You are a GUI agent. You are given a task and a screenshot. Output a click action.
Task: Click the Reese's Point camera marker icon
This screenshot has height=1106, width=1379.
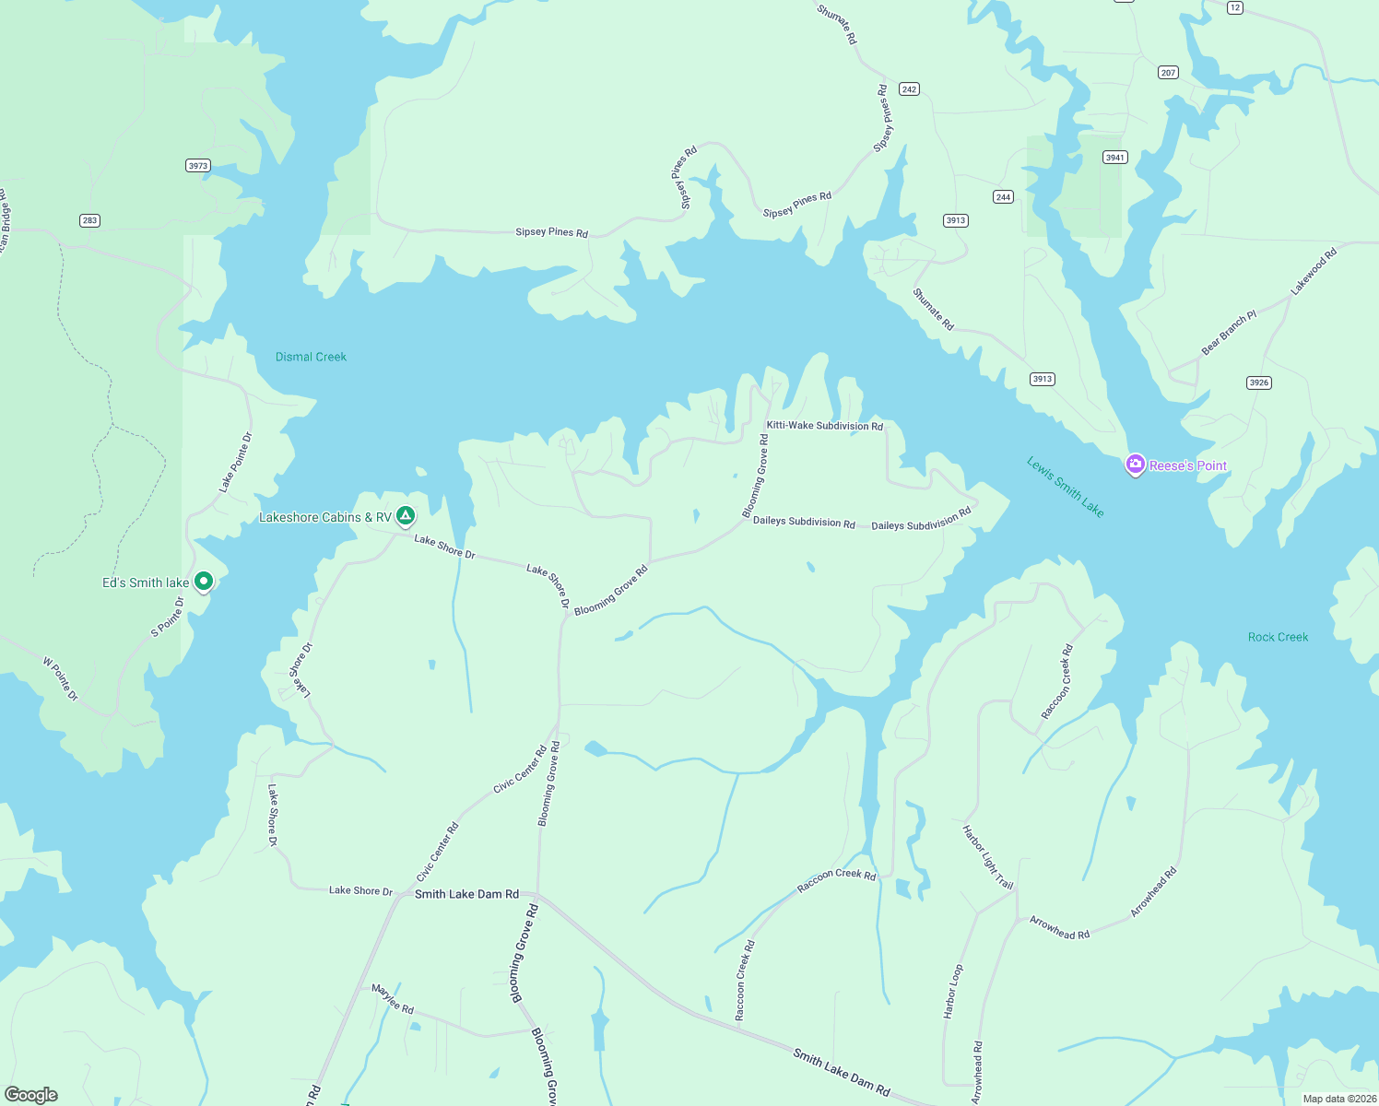[x=1136, y=465]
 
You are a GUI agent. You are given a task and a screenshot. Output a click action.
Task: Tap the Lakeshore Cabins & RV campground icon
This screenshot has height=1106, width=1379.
[x=406, y=516]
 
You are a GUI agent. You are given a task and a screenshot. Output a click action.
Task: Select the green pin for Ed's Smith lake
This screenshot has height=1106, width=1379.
[x=204, y=582]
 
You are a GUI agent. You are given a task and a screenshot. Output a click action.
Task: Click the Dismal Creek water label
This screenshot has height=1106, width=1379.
[x=311, y=357]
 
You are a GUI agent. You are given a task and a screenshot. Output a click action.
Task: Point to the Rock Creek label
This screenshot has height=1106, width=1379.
[x=1278, y=637]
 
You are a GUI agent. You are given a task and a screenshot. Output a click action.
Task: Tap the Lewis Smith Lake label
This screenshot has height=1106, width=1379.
[x=1065, y=487]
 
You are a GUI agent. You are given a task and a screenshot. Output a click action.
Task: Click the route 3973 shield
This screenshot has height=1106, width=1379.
[x=198, y=166]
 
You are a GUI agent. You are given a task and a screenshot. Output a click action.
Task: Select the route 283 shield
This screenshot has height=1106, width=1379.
[x=89, y=220]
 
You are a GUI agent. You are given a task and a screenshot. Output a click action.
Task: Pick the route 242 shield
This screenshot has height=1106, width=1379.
[x=910, y=89]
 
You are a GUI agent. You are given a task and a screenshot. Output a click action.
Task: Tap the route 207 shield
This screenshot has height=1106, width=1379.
[x=1168, y=73]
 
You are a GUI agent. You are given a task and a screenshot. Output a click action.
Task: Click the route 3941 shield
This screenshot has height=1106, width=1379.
[x=1115, y=158]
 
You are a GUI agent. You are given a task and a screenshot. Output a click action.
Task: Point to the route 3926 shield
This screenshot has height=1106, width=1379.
[x=1258, y=382]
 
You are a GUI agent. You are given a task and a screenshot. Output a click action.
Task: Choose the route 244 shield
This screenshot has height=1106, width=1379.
[x=1003, y=197]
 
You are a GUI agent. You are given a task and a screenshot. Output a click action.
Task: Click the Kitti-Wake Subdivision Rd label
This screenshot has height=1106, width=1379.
[x=824, y=426]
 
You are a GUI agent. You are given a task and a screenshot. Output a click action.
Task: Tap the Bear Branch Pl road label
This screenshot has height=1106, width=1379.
[x=1229, y=334]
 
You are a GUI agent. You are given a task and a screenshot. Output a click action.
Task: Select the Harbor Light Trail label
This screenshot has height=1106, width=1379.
[x=987, y=857]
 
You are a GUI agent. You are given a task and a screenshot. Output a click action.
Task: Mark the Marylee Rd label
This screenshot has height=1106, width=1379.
[x=393, y=999]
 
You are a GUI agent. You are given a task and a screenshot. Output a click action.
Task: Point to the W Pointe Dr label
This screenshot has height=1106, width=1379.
[x=61, y=678]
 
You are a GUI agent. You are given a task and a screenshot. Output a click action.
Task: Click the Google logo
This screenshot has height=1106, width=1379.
[x=31, y=1094]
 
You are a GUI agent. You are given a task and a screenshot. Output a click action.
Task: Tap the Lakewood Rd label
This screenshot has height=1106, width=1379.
[x=1314, y=272]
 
